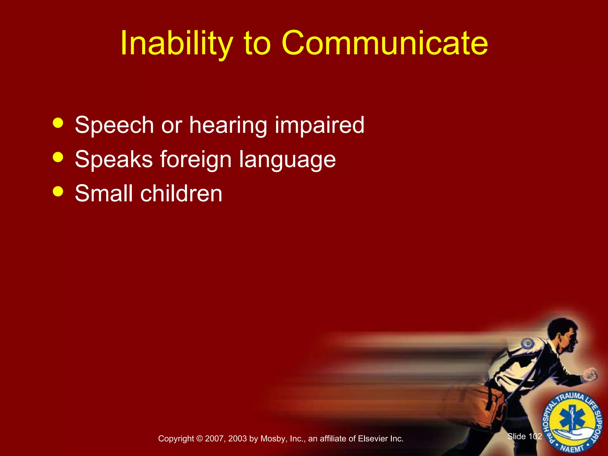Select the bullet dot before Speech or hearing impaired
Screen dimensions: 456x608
click(x=58, y=123)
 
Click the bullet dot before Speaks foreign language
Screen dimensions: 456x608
click(x=58, y=157)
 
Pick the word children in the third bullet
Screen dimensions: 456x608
click(x=181, y=194)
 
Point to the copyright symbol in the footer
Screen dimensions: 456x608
click(x=199, y=439)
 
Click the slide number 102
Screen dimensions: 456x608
click(x=535, y=436)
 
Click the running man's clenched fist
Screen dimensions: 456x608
click(x=590, y=375)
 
